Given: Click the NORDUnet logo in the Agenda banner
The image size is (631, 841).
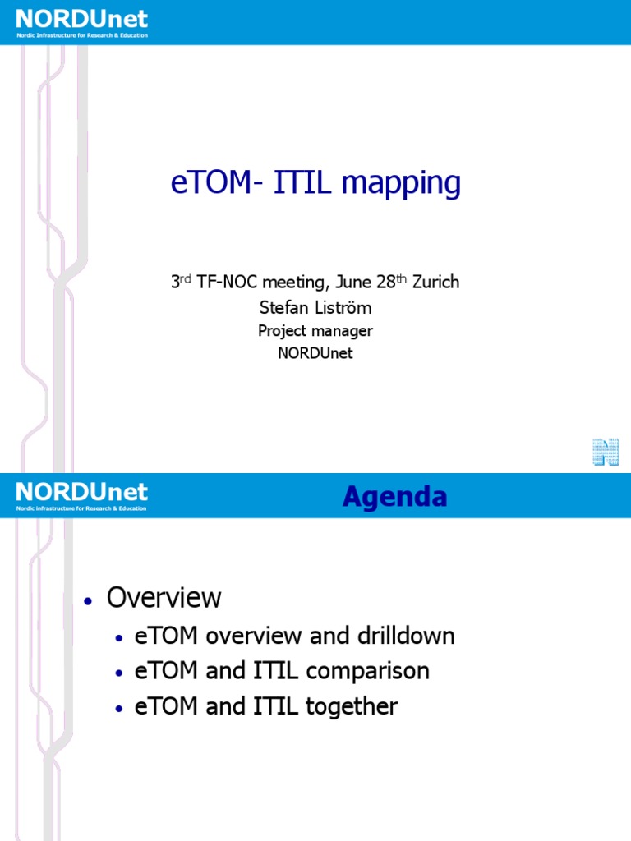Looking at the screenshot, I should (x=81, y=495).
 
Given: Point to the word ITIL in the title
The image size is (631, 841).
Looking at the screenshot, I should (x=303, y=184).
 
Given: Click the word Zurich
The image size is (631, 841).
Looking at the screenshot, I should (x=435, y=282).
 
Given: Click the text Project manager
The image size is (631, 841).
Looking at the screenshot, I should (x=315, y=331).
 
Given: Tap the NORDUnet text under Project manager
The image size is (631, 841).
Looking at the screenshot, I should (x=315, y=354).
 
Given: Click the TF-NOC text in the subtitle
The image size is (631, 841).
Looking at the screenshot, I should (x=232, y=282).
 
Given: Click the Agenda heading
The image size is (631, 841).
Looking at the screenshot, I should (x=394, y=496).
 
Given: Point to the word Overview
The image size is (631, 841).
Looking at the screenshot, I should (x=164, y=597).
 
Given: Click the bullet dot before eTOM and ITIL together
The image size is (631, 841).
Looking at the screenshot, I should (x=121, y=709).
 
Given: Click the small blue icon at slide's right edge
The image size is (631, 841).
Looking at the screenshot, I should (x=606, y=453).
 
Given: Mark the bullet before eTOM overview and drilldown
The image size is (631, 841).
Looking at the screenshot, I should (x=121, y=638).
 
